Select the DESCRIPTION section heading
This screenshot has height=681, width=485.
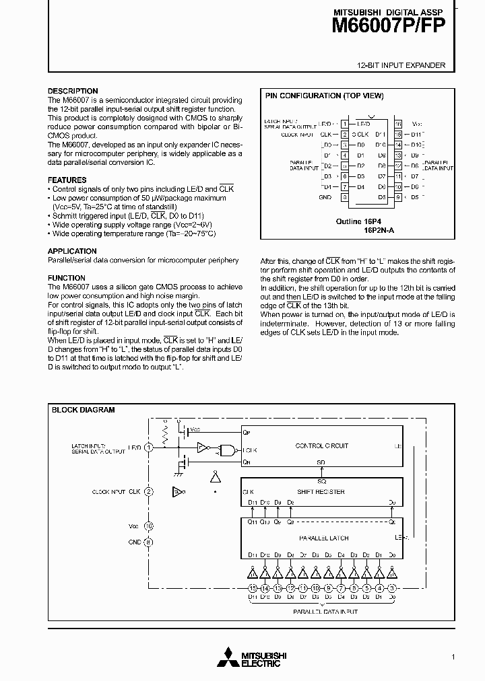[72, 91]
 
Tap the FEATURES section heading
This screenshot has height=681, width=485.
[67, 180]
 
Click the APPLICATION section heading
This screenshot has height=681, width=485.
[72, 251]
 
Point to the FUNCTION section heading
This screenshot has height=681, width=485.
[66, 278]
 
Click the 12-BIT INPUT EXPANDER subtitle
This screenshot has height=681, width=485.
[401, 65]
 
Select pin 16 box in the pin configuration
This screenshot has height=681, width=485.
[398, 124]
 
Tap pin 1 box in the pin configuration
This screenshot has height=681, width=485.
[344, 124]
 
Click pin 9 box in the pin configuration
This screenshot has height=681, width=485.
[398, 197]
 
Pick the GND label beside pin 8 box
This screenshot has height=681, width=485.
[325, 197]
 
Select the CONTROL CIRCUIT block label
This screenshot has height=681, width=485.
[321, 445]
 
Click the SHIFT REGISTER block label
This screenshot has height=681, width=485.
[321, 491]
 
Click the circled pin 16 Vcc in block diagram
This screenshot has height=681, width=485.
[149, 526]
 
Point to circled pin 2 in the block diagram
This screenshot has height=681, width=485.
[149, 492]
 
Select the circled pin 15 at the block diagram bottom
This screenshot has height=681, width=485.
[252, 587]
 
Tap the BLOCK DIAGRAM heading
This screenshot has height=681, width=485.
[84, 410]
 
